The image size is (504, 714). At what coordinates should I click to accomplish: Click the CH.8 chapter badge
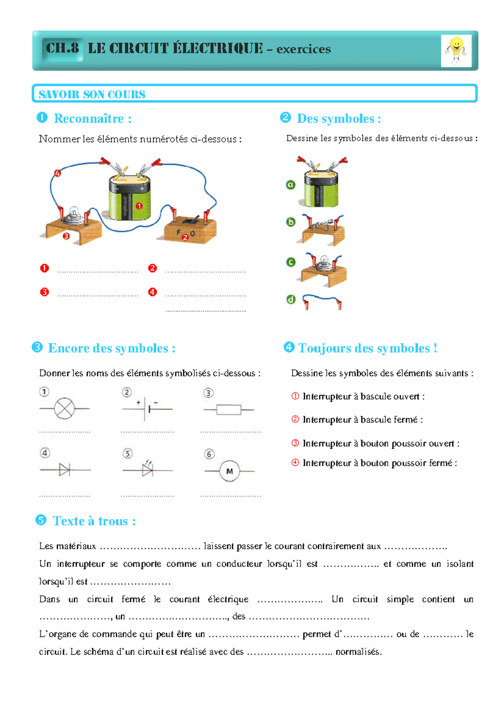click(x=62, y=48)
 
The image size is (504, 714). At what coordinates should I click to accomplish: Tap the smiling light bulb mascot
click(x=456, y=51)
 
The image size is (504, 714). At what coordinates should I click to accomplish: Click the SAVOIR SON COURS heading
click(x=92, y=94)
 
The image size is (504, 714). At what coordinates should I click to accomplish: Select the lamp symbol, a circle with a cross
click(x=64, y=408)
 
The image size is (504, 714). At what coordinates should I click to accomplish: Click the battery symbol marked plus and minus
click(x=146, y=408)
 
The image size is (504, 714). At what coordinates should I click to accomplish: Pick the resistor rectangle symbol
click(x=228, y=410)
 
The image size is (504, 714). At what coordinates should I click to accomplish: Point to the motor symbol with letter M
click(x=229, y=471)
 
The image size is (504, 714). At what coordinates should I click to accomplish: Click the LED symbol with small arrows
click(x=147, y=469)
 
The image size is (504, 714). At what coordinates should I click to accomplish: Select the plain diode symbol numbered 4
click(x=64, y=470)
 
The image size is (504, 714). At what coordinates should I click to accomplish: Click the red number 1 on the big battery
click(x=139, y=206)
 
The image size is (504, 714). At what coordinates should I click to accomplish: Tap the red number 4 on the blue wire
click(x=58, y=173)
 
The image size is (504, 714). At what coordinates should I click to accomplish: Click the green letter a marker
click(x=291, y=185)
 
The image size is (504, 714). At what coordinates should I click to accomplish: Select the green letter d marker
click(x=291, y=299)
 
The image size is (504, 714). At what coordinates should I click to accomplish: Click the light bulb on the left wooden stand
click(x=74, y=213)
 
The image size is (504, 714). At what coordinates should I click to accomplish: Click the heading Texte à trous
click(x=94, y=521)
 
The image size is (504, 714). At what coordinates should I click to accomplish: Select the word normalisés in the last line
click(x=358, y=652)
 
